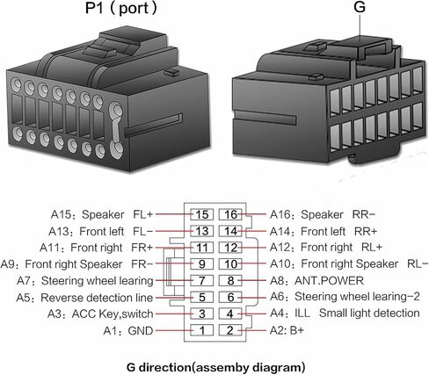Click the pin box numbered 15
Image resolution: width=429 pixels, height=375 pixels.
coord(201,214)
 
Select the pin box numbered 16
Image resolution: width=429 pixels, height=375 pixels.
coord(230,214)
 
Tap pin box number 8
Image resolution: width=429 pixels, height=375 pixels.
coord(230,281)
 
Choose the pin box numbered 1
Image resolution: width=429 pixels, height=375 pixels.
coord(201,330)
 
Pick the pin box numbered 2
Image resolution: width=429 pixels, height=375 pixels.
coord(230,330)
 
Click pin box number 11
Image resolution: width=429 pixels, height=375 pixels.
coord(201,248)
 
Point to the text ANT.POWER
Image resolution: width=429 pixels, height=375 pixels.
coord(329,281)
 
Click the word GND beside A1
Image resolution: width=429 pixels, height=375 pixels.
coord(141,331)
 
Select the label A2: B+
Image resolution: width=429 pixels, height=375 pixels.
coord(287,330)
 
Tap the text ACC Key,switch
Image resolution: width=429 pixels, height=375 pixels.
coord(113,314)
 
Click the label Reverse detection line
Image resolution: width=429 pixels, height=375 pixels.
coord(97,298)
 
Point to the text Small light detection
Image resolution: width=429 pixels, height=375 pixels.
coord(369,314)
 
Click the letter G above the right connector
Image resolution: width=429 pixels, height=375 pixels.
coord(360,7)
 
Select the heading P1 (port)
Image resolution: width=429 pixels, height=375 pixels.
coord(121,8)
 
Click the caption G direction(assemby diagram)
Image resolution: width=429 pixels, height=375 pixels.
coord(216,367)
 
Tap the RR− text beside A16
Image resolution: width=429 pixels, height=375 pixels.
coord(364,214)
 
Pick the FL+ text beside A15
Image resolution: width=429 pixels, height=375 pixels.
coord(143,214)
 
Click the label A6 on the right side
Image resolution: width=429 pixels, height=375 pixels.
coord(277,297)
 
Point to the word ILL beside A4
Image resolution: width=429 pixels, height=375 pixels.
coord(302,314)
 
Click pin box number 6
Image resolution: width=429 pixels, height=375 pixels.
coord(230,298)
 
